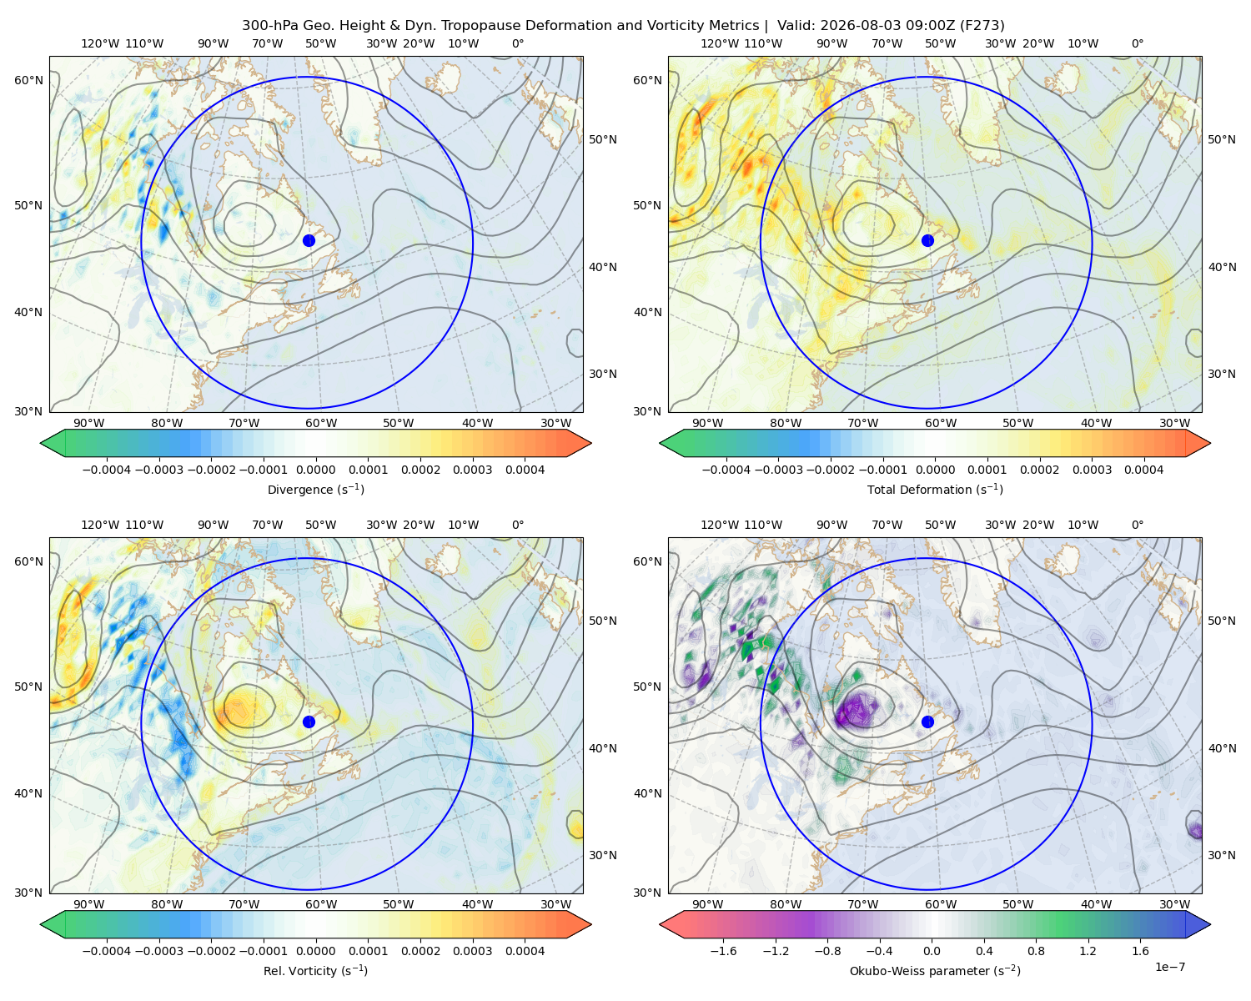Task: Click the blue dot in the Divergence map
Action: tap(309, 240)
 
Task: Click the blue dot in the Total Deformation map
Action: tap(927, 240)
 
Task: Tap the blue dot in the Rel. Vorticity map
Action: tap(309, 722)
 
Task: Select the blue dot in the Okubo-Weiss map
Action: tap(927, 722)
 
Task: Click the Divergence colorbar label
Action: tap(315, 489)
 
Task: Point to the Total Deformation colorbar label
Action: tap(935, 489)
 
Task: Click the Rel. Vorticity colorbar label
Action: tap(315, 970)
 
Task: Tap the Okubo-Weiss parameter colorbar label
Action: tap(935, 970)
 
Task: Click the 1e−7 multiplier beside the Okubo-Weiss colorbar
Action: tap(1169, 967)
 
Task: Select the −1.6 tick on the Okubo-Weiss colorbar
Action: tap(723, 951)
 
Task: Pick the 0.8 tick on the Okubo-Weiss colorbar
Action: tap(1036, 951)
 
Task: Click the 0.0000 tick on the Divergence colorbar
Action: tap(315, 470)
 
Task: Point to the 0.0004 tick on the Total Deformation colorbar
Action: tap(1143, 470)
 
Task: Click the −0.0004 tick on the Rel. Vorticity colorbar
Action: tap(107, 951)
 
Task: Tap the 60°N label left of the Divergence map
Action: tap(28, 80)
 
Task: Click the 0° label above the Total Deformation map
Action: tap(1137, 43)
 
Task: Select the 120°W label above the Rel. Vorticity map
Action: tap(100, 525)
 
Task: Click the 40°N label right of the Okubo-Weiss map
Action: tap(1222, 748)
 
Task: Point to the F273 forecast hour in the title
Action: tap(982, 26)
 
